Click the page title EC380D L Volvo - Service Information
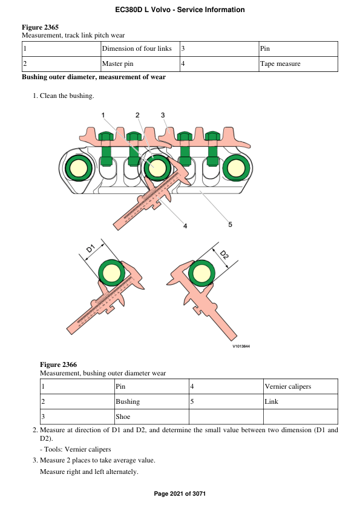coord(180,10)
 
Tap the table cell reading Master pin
coord(120,63)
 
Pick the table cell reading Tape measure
coord(280,63)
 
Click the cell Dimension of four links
coord(137,48)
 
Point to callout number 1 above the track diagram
coord(103,115)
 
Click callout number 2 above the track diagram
coord(137,115)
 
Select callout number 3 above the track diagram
coord(163,115)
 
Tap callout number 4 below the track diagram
coord(185,226)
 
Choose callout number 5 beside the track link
coord(230,225)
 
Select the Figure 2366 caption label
coord(58,365)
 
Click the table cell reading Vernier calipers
coord(288,386)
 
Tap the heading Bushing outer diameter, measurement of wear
coord(94,77)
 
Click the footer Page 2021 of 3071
coord(180,494)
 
